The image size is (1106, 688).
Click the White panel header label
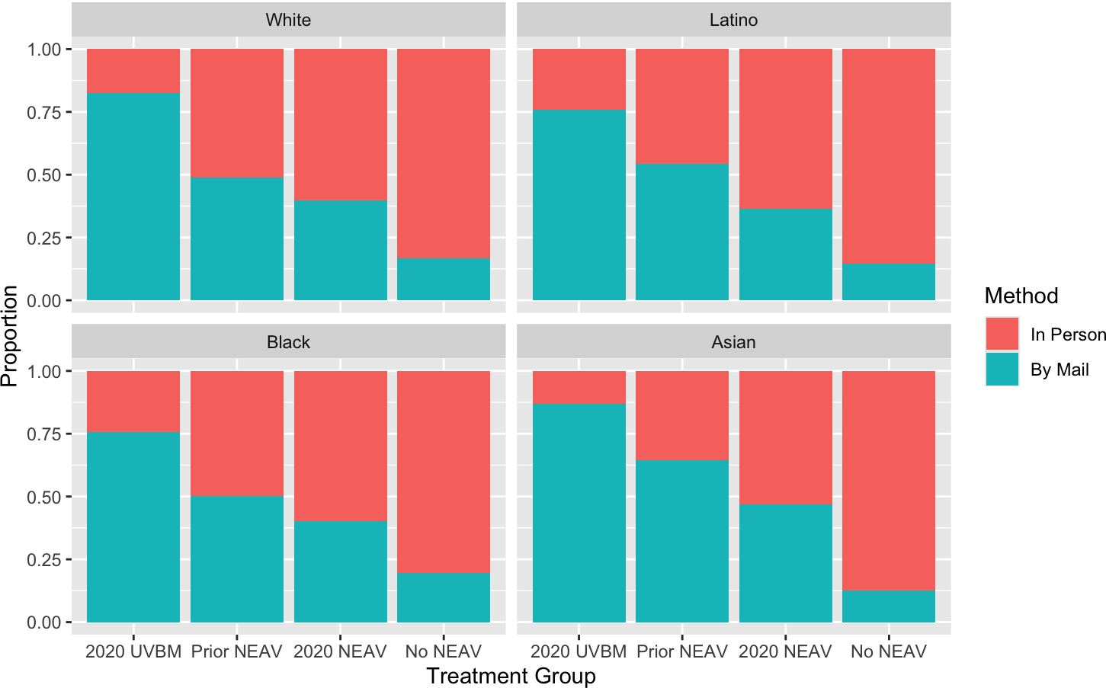coord(288,20)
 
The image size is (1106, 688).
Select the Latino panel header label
coord(733,20)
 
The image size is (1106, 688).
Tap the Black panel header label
coord(288,342)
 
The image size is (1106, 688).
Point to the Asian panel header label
coord(733,342)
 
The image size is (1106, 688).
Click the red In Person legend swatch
coord(1002,334)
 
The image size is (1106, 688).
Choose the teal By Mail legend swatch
coord(1002,369)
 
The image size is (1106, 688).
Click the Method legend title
coord(1021,296)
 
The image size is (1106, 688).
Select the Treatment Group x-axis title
coord(511,676)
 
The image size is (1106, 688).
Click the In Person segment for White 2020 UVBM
coord(133,71)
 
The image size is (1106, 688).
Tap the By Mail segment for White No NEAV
coord(444,279)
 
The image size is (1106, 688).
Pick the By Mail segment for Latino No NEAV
coord(889,281)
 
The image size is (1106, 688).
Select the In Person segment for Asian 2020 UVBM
coord(579,388)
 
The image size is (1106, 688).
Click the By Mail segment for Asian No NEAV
coord(889,606)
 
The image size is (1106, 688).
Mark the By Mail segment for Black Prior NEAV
coord(237,559)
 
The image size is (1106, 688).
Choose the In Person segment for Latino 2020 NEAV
coord(786,129)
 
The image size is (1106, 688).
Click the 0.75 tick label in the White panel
coord(43,113)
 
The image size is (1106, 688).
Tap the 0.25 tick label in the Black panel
coord(43,560)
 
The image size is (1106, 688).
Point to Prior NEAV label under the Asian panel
coord(682,651)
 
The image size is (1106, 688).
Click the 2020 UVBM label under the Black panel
coord(133,651)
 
